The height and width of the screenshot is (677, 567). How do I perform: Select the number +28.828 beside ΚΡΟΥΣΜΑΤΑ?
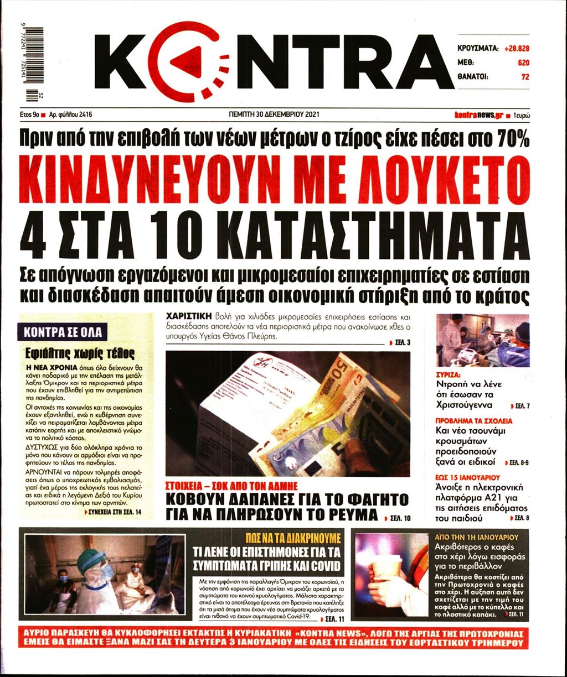pos(517,49)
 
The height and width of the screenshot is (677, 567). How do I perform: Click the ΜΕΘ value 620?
pos(523,63)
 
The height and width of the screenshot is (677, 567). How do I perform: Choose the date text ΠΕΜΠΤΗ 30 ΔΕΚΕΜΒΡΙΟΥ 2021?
pos(274,114)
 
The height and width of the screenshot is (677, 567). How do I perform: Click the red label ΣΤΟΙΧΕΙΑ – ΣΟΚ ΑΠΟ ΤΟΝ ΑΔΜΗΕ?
pos(232,486)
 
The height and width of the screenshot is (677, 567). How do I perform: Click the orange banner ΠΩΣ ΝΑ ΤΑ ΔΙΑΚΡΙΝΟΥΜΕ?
pos(293,537)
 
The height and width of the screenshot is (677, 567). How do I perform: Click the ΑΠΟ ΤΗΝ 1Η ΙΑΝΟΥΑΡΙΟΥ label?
pos(476,537)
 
